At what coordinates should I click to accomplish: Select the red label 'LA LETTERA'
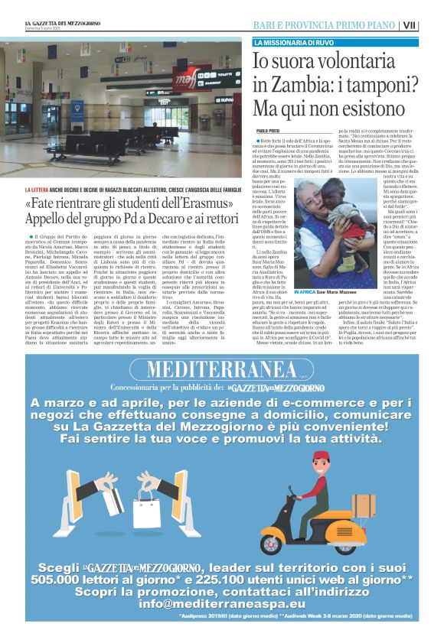(x=39, y=189)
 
